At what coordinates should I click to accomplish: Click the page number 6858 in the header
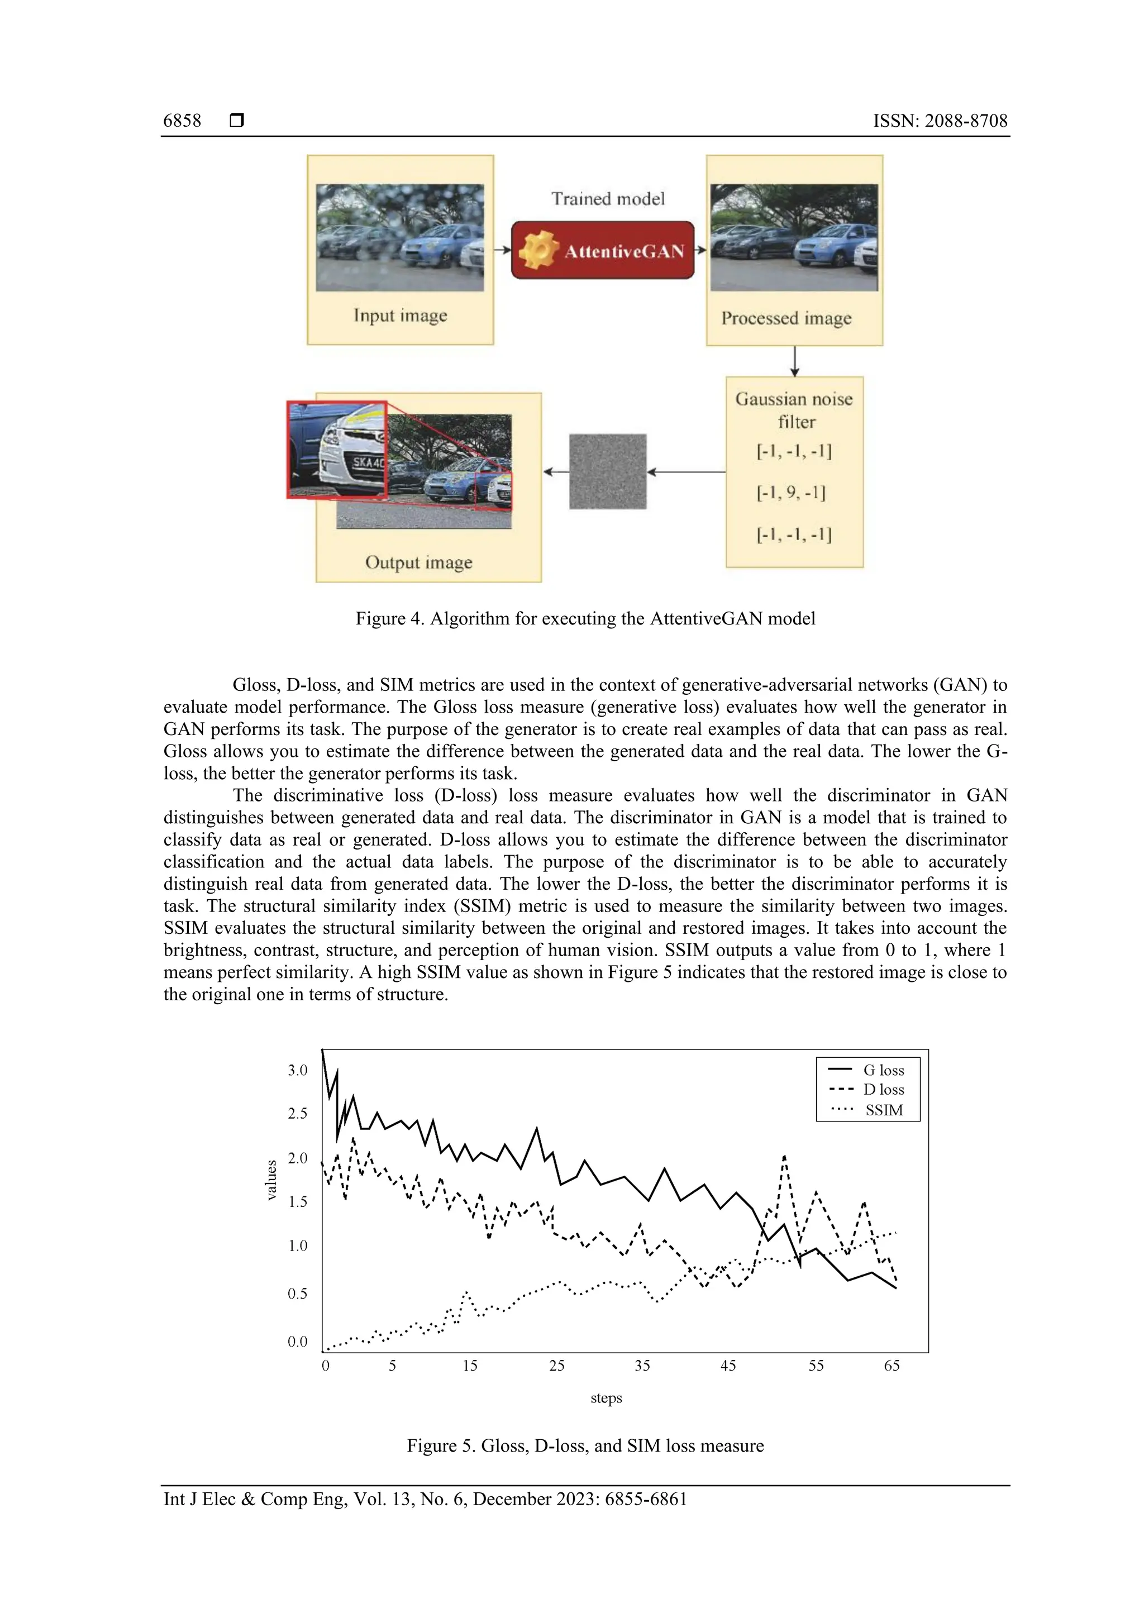point(182,121)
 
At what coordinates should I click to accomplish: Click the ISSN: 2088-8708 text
point(940,121)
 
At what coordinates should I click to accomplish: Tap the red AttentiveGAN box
point(603,250)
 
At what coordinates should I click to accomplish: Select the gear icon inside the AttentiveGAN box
point(539,250)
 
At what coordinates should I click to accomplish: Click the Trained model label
point(608,199)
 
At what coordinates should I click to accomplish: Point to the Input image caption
point(399,315)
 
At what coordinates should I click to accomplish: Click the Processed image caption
point(786,318)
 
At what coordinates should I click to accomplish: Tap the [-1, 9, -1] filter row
point(791,492)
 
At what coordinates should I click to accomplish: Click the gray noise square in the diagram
point(608,471)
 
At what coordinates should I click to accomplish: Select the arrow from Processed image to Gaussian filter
point(794,361)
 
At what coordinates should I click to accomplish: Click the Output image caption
point(419,562)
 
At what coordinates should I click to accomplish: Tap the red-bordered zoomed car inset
point(337,450)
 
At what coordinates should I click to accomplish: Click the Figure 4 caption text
point(585,619)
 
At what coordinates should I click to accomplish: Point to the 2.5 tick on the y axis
point(298,1114)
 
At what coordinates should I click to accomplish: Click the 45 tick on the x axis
point(728,1366)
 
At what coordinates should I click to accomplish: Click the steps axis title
point(606,1398)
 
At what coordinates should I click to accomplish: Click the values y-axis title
point(271,1180)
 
